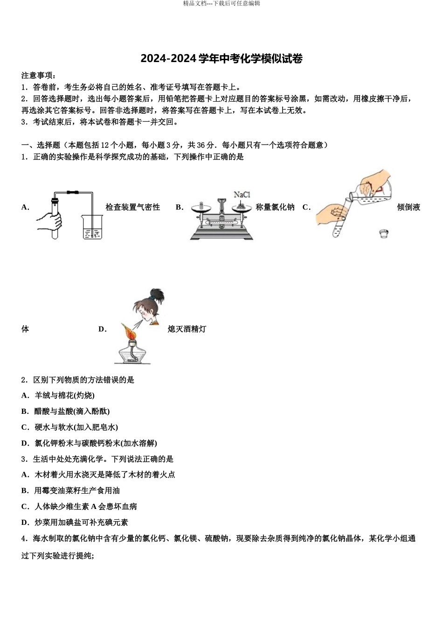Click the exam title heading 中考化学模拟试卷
[221, 59]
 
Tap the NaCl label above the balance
[242, 195]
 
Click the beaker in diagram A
[93, 227]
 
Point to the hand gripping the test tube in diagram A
[50, 220]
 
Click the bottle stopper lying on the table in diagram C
[383, 233]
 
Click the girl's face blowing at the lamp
[147, 312]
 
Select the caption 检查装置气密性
[133, 207]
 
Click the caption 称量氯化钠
[275, 207]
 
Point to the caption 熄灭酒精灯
[187, 329]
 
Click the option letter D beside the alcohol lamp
[102, 329]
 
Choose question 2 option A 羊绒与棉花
[58, 396]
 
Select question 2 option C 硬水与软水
[69, 427]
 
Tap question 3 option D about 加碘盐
[75, 522]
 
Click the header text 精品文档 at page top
[194, 3]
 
